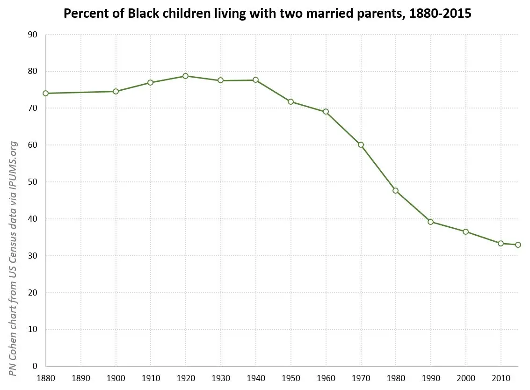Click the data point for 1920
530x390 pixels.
[x=186, y=76]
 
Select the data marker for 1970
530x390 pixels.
[x=361, y=144]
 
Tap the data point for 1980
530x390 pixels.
[x=396, y=190]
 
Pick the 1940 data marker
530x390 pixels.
[x=255, y=80]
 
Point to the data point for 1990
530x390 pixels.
[x=430, y=222]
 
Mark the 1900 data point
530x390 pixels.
[x=116, y=91]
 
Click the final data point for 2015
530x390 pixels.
[x=518, y=245]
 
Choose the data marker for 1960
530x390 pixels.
[x=326, y=112]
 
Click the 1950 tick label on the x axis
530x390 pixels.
[x=291, y=377]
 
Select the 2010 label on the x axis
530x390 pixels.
[x=501, y=377]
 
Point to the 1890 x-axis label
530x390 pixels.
[x=81, y=377]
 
